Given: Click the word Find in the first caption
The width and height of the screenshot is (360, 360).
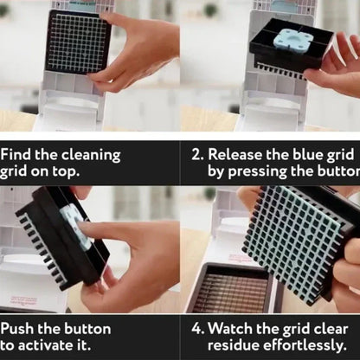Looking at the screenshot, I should (x=18, y=154).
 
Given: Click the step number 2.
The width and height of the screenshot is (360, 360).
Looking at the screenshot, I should (x=197, y=154).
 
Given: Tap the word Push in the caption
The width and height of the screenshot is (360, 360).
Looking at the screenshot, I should (x=19, y=329).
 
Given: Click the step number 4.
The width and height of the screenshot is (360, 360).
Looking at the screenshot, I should (x=197, y=329).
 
